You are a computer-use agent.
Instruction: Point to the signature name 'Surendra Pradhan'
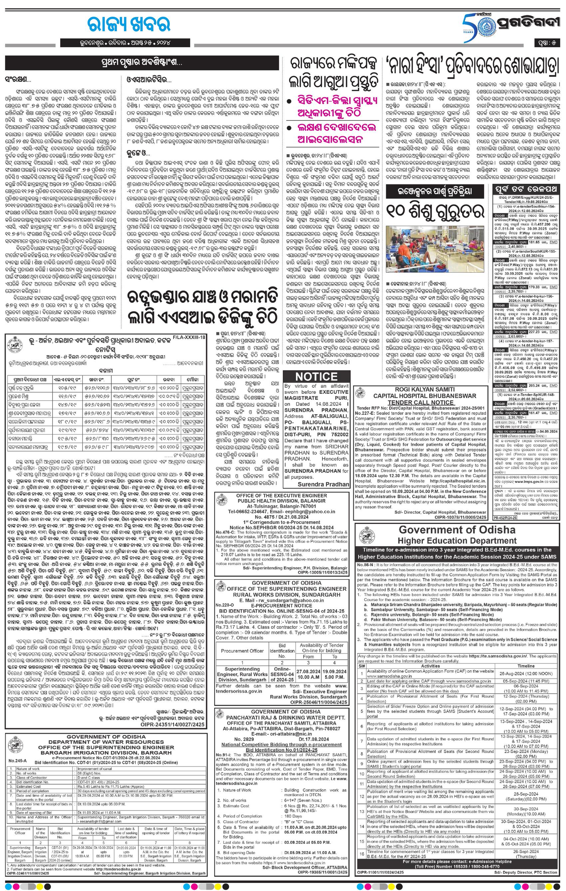point(324,484)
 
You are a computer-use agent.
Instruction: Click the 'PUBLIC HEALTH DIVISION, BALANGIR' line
point(281,501)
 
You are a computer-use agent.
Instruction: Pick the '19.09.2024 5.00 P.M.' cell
point(334,674)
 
